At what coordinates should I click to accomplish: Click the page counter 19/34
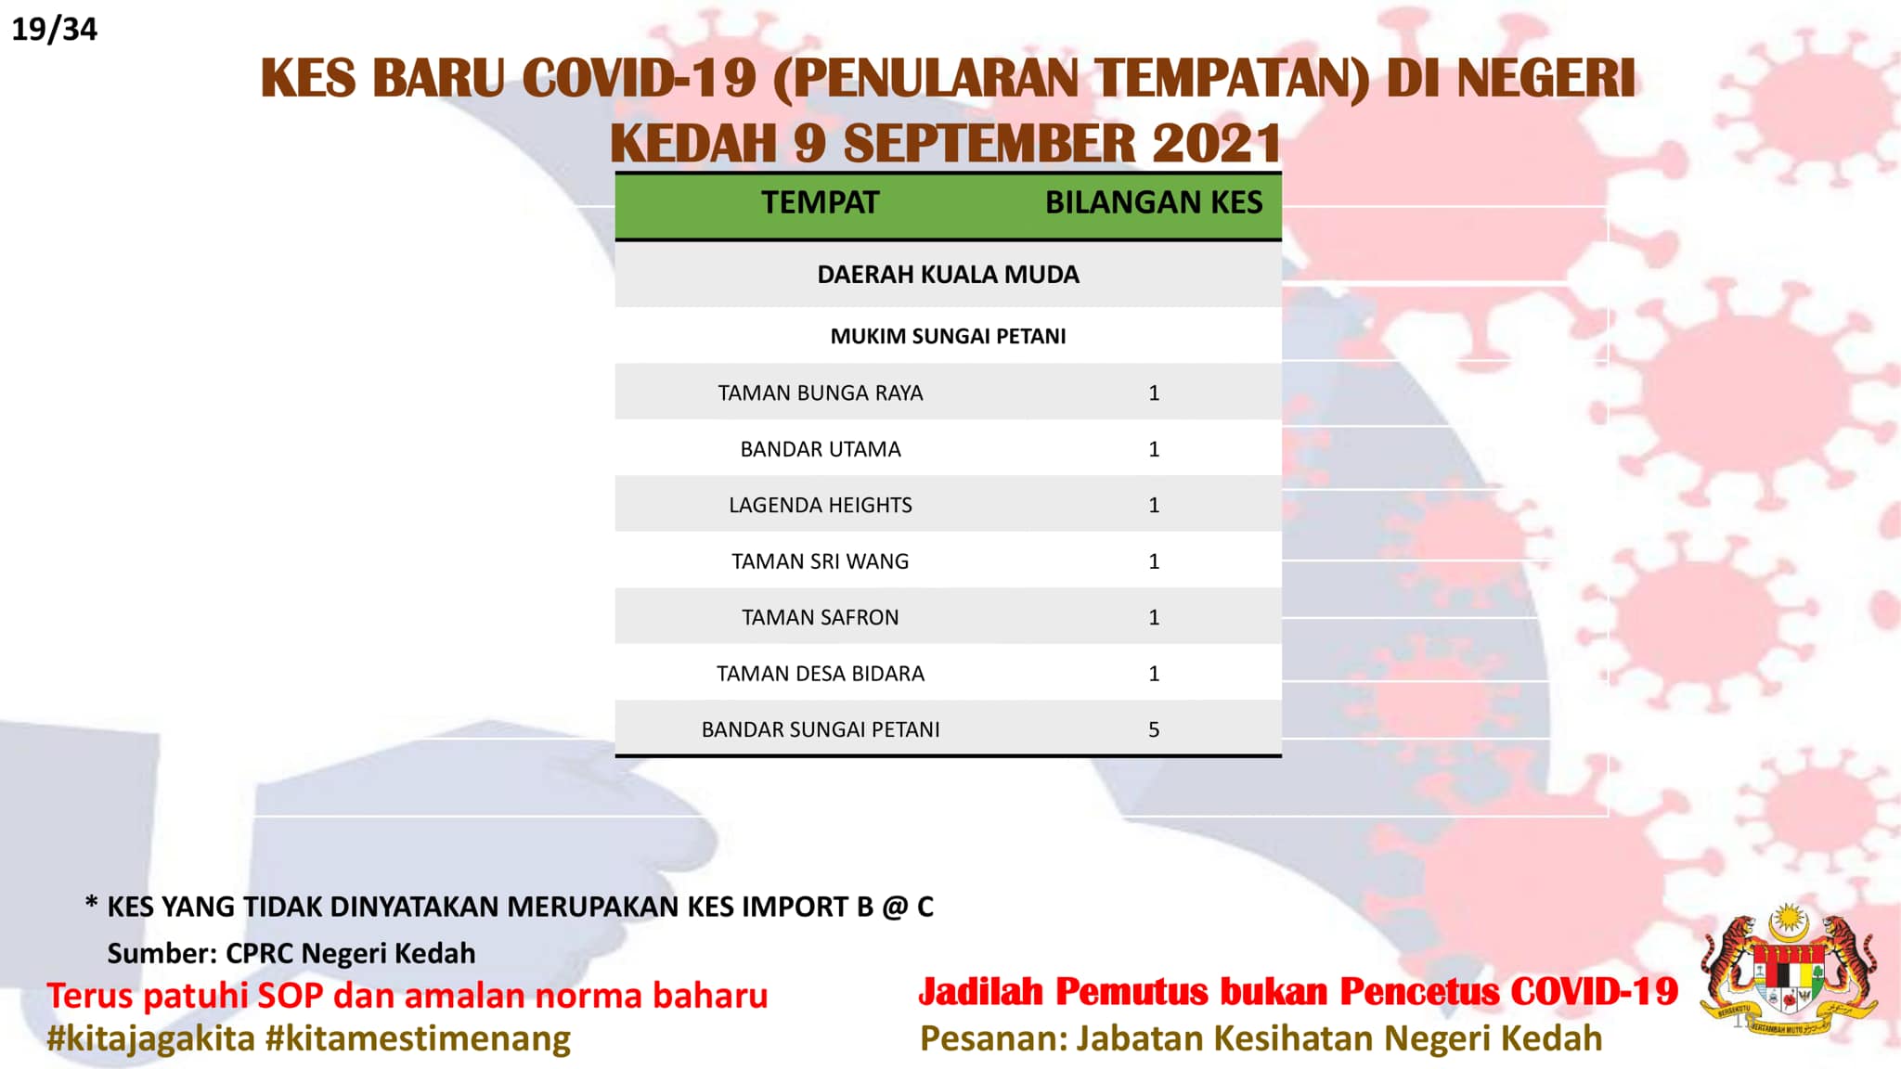click(54, 29)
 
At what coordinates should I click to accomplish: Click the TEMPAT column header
click(820, 202)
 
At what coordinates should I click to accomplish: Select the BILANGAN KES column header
click(1154, 202)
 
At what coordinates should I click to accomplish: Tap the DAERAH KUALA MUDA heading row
click(948, 275)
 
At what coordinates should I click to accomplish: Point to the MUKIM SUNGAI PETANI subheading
click(948, 336)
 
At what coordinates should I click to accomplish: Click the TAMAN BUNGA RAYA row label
click(821, 393)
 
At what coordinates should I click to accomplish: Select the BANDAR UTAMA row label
click(821, 449)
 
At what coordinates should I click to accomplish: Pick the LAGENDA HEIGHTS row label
click(821, 505)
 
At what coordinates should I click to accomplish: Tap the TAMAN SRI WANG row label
click(821, 561)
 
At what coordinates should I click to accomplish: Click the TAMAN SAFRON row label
click(821, 617)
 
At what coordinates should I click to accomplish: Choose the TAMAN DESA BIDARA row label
click(821, 674)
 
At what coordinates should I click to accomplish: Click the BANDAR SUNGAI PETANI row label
click(821, 729)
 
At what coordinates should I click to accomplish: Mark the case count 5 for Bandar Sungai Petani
click(1154, 729)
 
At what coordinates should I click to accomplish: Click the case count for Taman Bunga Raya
click(1154, 393)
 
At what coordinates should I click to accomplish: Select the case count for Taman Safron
click(1154, 617)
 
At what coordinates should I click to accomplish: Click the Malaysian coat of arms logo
click(1789, 971)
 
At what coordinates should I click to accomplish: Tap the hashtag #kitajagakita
click(151, 1038)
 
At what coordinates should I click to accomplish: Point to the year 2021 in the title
click(1217, 144)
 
